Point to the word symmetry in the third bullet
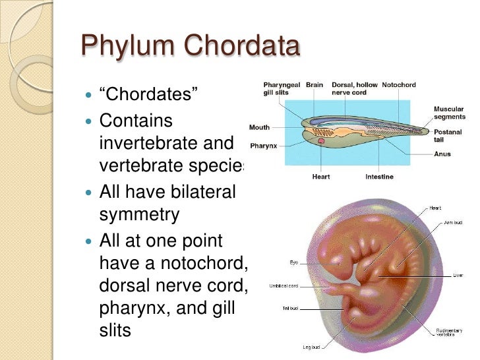click(x=138, y=214)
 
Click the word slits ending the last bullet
click(x=115, y=329)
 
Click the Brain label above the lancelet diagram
click(x=314, y=86)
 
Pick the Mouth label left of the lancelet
click(x=258, y=127)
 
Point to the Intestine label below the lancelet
click(x=379, y=177)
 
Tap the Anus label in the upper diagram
click(x=442, y=155)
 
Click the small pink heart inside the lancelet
click(x=321, y=140)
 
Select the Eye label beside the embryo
click(x=293, y=262)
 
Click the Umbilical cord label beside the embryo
click(x=284, y=285)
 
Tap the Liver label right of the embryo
click(x=456, y=275)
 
